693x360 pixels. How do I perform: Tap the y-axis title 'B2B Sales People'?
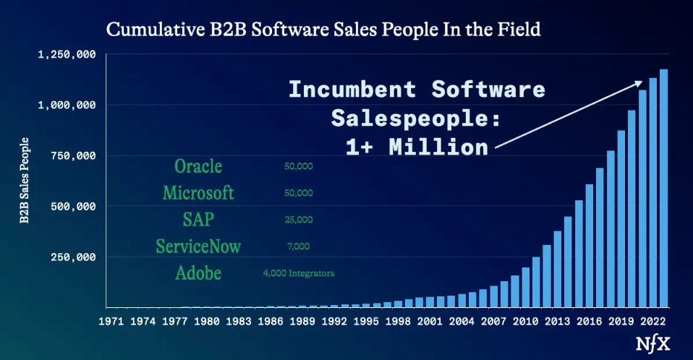click(25, 180)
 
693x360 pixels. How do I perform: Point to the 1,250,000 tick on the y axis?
click(67, 54)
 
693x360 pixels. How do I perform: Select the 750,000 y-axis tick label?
click(73, 155)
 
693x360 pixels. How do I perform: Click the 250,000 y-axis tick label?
click(73, 257)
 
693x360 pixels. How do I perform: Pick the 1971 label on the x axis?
click(111, 321)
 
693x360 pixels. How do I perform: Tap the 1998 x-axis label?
click(398, 321)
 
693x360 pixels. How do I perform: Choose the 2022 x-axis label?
click(652, 321)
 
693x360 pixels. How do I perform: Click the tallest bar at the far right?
click(663, 188)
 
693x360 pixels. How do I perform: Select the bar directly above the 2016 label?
click(589, 246)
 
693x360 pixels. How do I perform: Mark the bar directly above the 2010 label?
click(525, 287)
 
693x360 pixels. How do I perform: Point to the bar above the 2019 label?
click(621, 218)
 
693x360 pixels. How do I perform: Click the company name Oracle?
click(198, 166)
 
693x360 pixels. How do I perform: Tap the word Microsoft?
click(198, 192)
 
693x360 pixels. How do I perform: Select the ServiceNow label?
click(198, 246)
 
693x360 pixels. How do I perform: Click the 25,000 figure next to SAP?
click(298, 220)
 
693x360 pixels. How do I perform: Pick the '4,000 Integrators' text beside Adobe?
click(298, 273)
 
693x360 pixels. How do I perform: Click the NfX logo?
click(652, 343)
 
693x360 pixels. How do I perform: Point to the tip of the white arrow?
click(642, 81)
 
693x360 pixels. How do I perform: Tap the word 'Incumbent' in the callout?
click(352, 89)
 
